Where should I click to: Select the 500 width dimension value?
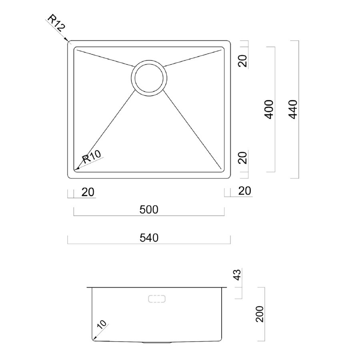149,210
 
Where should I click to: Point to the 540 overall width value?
149,238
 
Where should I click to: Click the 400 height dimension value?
270,109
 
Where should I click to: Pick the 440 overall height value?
293,109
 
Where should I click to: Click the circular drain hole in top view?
148,78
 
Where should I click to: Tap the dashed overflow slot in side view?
157,299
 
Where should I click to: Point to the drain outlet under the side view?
157,342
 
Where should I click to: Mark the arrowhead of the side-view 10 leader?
94,339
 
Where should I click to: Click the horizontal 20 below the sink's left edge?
88,192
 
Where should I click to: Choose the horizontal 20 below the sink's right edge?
245,191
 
